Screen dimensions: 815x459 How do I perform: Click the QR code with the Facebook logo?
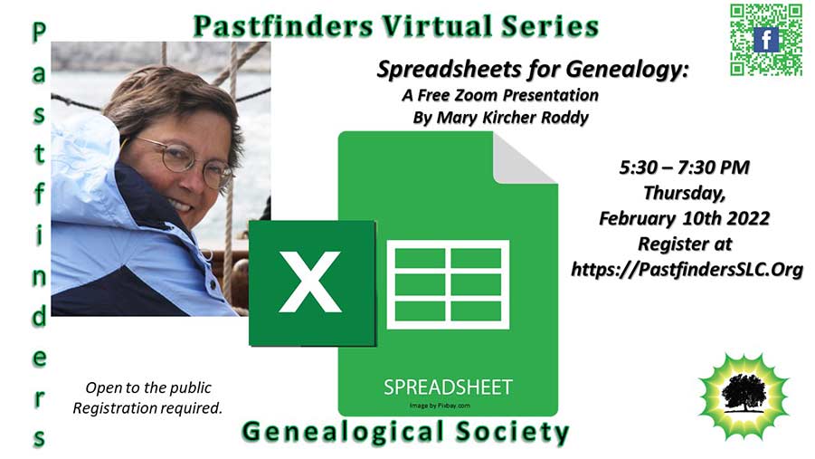766,40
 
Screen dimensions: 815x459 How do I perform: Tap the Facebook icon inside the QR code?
766,40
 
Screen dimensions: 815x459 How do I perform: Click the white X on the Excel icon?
310,282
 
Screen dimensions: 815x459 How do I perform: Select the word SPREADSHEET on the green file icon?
448,387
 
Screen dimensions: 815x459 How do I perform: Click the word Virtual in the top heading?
437,26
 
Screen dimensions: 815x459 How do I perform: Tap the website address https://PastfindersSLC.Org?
687,269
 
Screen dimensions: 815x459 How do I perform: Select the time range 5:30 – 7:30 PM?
684,167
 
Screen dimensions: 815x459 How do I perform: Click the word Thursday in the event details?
684,193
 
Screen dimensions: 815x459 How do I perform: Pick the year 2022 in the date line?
748,218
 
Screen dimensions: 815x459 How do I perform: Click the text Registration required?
147,408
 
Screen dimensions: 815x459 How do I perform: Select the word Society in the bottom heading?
512,433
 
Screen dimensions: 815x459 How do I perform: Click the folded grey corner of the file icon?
524,158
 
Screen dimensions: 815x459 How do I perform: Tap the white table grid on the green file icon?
448,284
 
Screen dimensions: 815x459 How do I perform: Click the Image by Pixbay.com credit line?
440,406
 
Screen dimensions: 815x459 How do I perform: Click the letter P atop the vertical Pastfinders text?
39,33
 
